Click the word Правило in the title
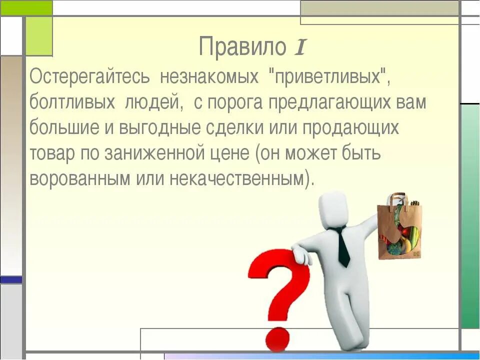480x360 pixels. (x=242, y=47)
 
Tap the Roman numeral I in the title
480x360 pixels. (x=299, y=47)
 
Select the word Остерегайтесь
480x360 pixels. (x=89, y=77)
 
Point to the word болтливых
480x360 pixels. (x=69, y=103)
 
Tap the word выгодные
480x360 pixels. (x=160, y=128)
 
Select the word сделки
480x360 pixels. (x=234, y=128)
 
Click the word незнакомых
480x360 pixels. (x=209, y=77)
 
